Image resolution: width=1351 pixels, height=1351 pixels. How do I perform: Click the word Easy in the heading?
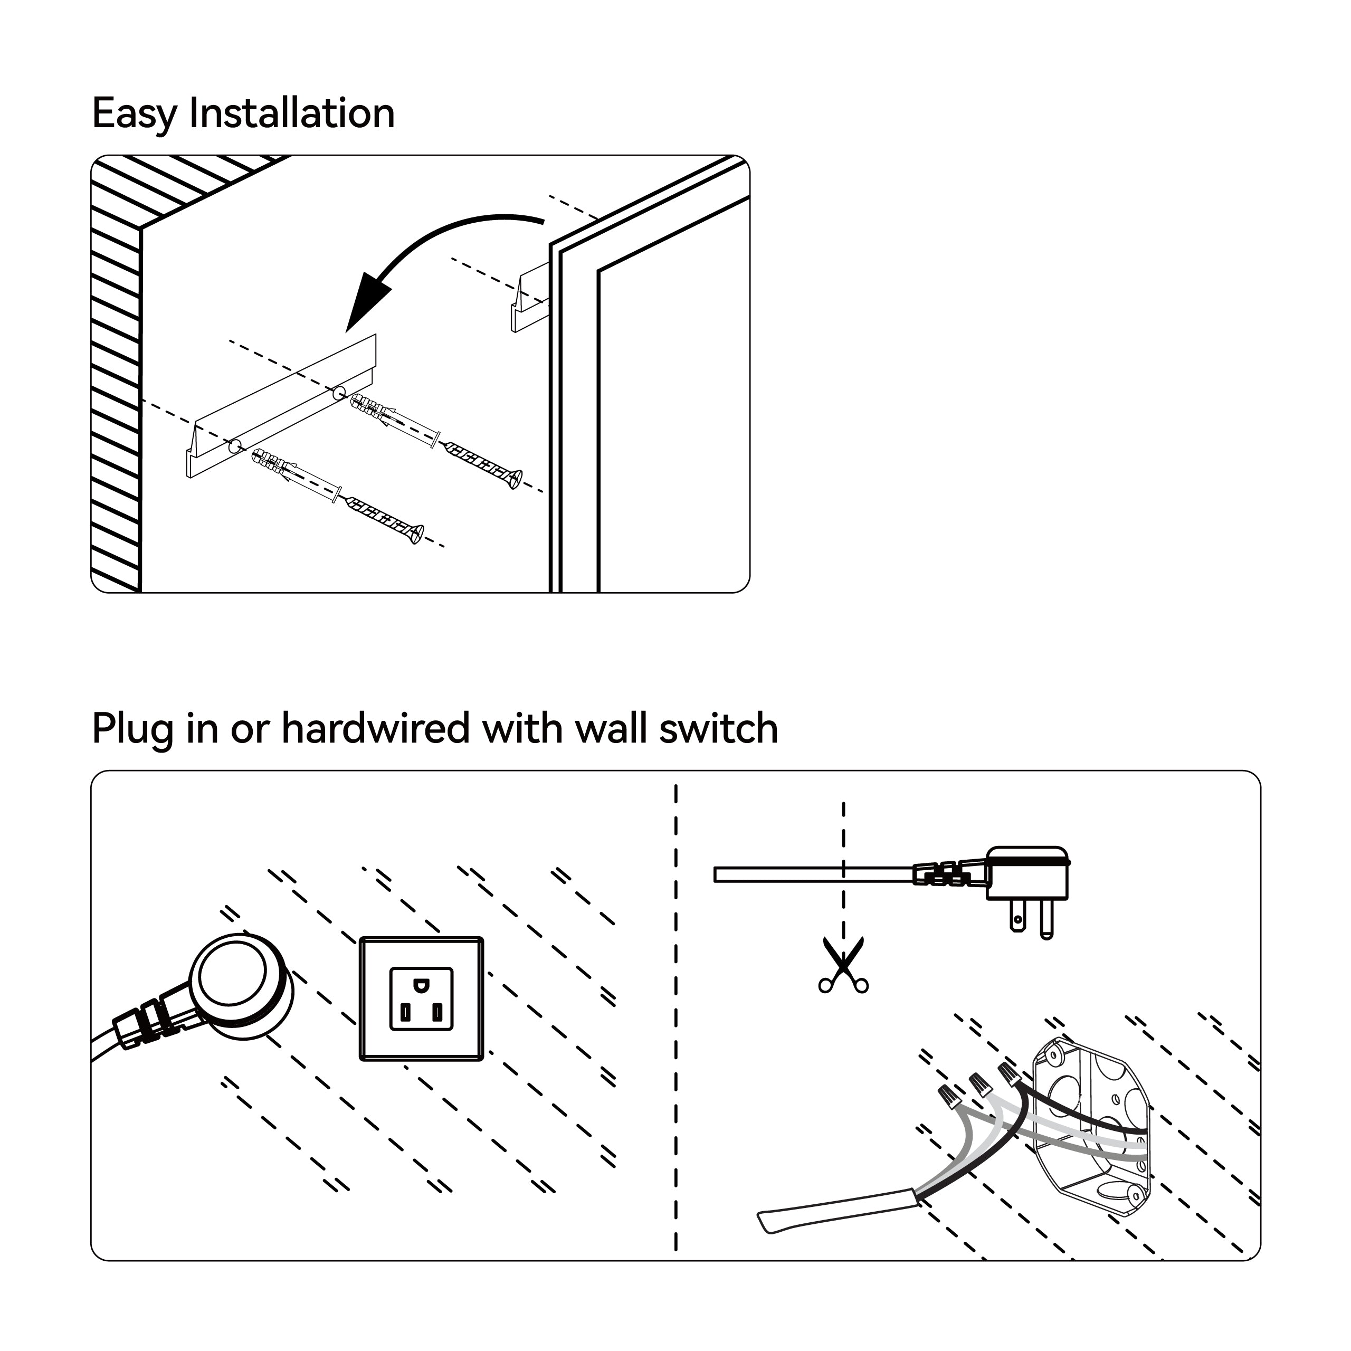point(133,114)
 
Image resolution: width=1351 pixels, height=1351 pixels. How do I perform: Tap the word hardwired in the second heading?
point(375,729)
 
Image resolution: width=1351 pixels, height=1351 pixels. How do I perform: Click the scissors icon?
point(843,966)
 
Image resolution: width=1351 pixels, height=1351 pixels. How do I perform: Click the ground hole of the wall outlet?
point(421,986)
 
